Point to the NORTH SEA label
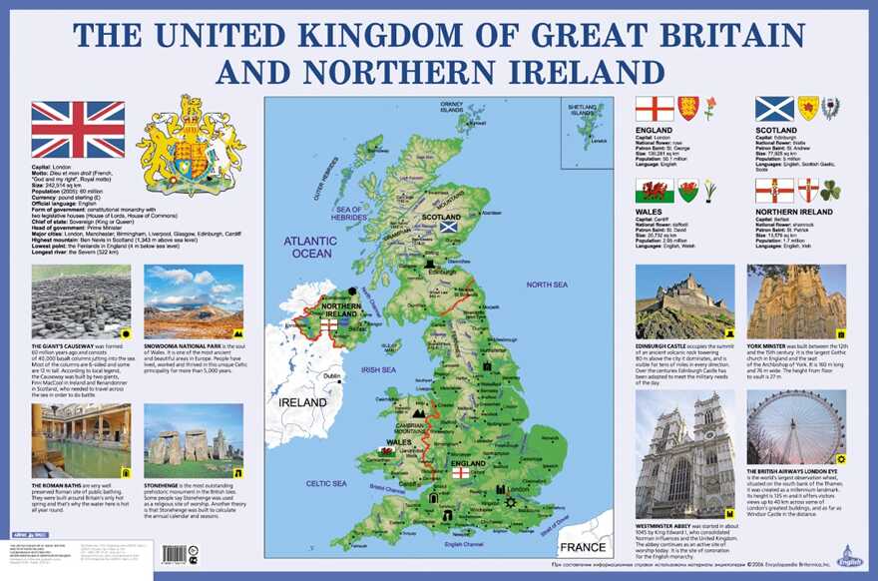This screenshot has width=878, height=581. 546,285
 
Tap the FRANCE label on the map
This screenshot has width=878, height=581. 582,548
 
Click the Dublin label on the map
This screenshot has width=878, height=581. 331,376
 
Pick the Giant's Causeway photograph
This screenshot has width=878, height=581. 81,302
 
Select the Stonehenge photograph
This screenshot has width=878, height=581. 193,441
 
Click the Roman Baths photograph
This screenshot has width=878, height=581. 81,441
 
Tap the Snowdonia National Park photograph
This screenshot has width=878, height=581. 193,302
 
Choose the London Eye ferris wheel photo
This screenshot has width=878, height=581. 796,427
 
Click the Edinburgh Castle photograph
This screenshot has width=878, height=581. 684,302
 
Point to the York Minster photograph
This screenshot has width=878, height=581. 796,302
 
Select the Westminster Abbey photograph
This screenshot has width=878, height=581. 684,454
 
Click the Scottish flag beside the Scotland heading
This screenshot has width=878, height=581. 774,108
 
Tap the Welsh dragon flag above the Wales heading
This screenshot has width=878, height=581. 655,191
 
